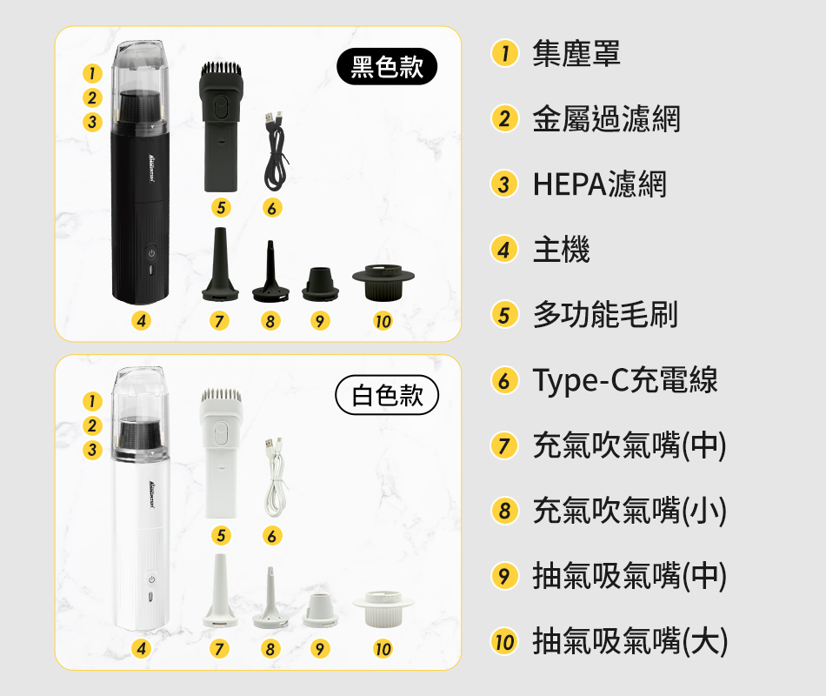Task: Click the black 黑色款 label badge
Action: coord(387,66)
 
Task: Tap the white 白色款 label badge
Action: coord(387,395)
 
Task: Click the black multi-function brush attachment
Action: coord(221,127)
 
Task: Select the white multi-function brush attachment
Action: coord(221,453)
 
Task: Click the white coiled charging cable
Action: coord(276,477)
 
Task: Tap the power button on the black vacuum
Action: coord(151,253)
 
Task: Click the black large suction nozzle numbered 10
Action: coord(383,283)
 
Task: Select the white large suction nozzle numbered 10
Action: coord(383,610)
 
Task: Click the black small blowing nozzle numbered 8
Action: coord(270,272)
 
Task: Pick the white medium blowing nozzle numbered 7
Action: coord(220,591)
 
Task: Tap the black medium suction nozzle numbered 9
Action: coord(320,284)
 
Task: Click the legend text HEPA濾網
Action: coord(599,184)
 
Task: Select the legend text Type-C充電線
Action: coord(625,379)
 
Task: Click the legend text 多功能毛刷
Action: coord(605,314)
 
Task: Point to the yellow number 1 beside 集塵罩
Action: coord(504,53)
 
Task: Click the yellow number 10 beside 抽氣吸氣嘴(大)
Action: coord(504,642)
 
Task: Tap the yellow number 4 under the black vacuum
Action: coord(141,320)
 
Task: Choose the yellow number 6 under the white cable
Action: coord(272,536)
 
